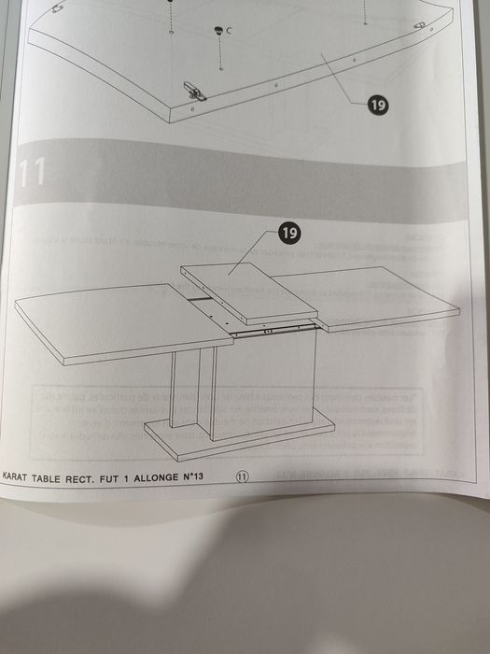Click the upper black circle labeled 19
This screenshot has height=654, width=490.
[x=378, y=106]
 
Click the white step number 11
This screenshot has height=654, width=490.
[x=33, y=174]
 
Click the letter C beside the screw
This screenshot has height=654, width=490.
[x=229, y=31]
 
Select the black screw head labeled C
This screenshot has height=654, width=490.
[x=219, y=31]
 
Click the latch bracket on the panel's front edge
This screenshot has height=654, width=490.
[x=197, y=90]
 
